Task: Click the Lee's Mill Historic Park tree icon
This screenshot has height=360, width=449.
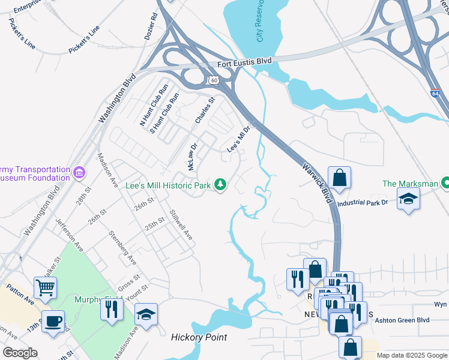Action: tap(220, 185)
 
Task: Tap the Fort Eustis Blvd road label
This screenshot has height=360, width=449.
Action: tap(244, 62)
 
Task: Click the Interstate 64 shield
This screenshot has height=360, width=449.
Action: tap(435, 94)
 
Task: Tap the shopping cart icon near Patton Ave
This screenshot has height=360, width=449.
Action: tap(46, 288)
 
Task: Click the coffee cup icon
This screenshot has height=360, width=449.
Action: tap(53, 320)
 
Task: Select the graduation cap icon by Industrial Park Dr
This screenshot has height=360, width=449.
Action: tap(408, 199)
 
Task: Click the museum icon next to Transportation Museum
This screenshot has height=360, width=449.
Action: tap(79, 173)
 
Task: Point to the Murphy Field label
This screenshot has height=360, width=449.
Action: tap(96, 299)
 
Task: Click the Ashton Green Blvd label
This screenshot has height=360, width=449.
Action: tap(402, 320)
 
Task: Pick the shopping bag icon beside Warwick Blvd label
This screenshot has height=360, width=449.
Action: tap(339, 178)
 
